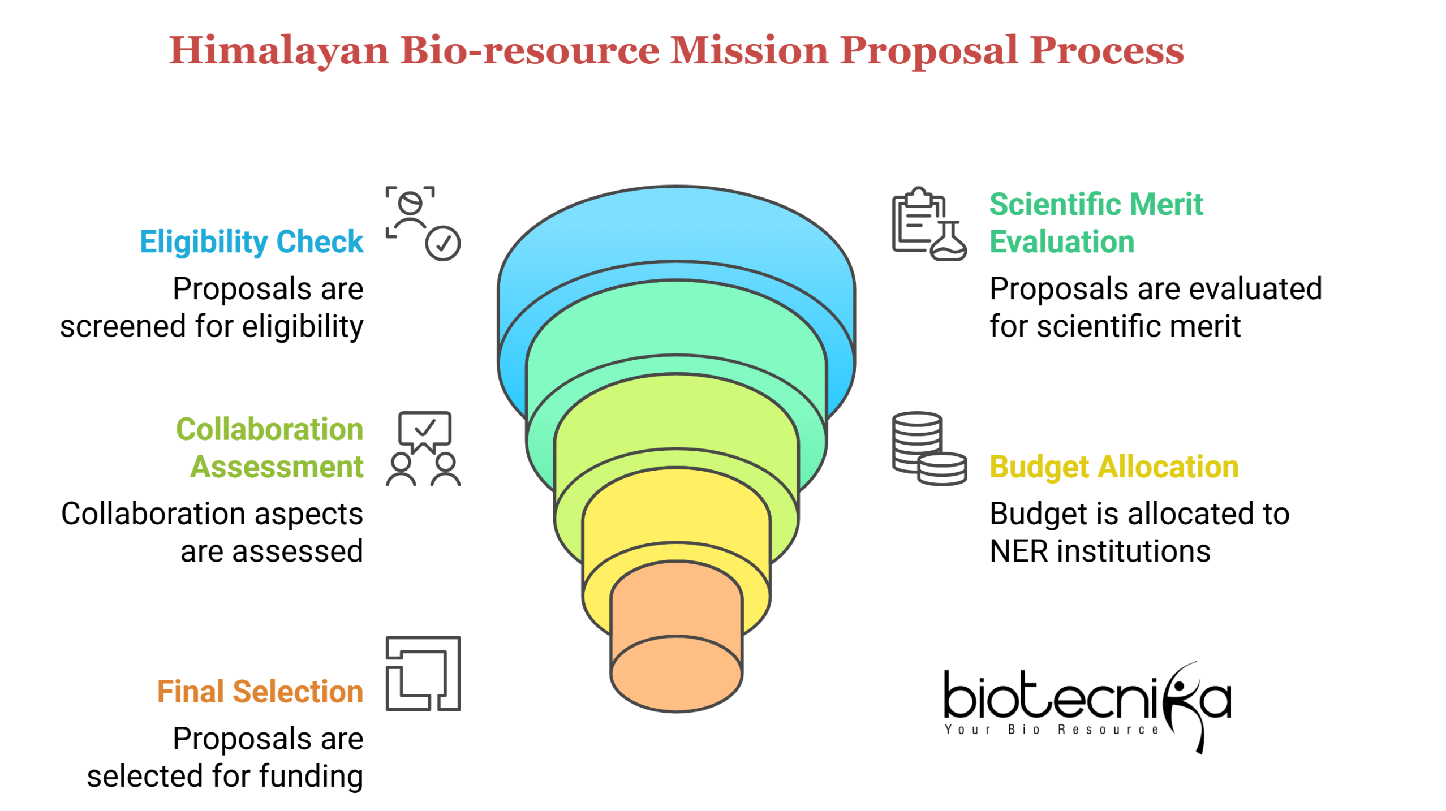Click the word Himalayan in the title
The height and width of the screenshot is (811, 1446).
point(279,51)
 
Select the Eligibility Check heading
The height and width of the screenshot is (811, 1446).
point(251,242)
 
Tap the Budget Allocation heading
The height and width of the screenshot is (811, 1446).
point(1113,467)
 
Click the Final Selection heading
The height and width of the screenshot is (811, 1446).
point(260,692)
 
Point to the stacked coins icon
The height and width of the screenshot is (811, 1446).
point(928,448)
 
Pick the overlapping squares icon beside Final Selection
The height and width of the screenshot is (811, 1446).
point(423,674)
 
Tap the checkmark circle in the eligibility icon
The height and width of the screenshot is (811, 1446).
point(442,243)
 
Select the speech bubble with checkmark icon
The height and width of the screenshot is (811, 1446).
point(424,430)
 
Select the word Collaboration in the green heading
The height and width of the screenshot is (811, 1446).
point(269,429)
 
